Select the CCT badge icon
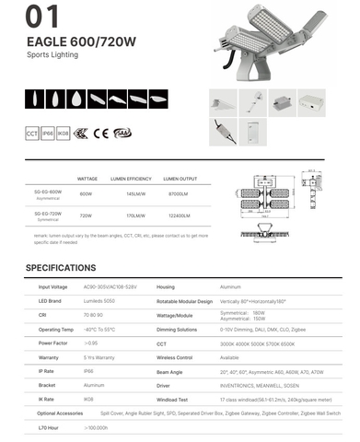pyautogui.click(x=32, y=134)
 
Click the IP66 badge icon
pyautogui.click(x=48, y=134)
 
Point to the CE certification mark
pyautogui.click(x=101, y=134)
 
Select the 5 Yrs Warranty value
pyautogui.click(x=100, y=355)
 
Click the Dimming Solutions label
pyautogui.click(x=178, y=329)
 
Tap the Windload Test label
pyautogui.click(x=173, y=401)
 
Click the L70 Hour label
pyautogui.click(x=49, y=428)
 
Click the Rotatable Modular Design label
pyautogui.click(x=185, y=301)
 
